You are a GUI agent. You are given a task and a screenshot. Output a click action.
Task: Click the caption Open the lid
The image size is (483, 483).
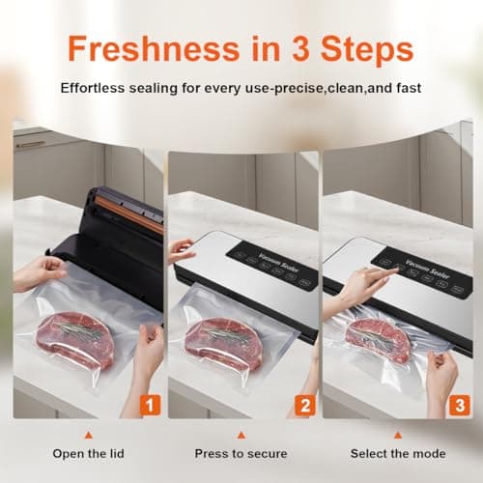click(89, 453)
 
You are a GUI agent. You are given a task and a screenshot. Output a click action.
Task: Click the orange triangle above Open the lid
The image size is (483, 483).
click(88, 434)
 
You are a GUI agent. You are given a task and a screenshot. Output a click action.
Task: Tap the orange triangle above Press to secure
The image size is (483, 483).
click(241, 434)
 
